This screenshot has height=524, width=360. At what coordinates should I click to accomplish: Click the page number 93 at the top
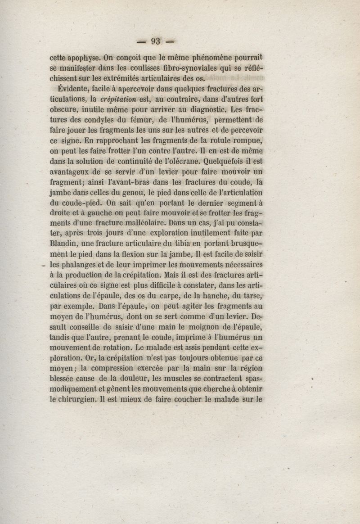point(156,41)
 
